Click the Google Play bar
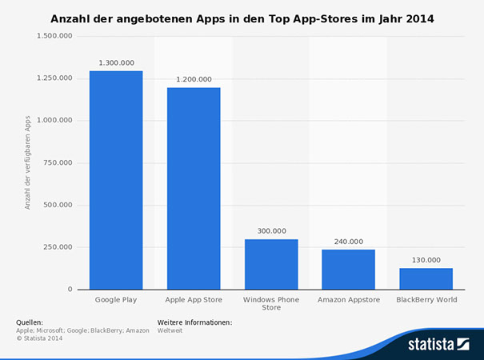pyautogui.click(x=116, y=180)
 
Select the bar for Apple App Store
pyautogui.click(x=194, y=188)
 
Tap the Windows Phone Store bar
pyautogui.click(x=271, y=264)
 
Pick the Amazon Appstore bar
pyautogui.click(x=349, y=269)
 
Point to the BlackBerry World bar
pyautogui.click(x=426, y=278)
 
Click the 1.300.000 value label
pyautogui.click(x=116, y=62)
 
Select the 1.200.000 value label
pyautogui.click(x=194, y=78)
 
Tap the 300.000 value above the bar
pyautogui.click(x=271, y=230)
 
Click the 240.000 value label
pyautogui.click(x=349, y=241)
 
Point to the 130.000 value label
pyautogui.click(x=426, y=259)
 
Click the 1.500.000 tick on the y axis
pyautogui.click(x=55, y=36)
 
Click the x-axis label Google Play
pyautogui.click(x=116, y=300)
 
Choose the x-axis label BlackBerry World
pyautogui.click(x=426, y=300)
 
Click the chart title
pyautogui.click(x=242, y=16)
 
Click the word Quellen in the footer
pyautogui.click(x=30, y=322)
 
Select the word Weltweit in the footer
pyautogui.click(x=170, y=330)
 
